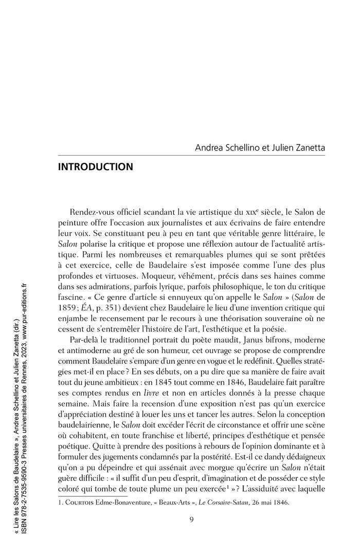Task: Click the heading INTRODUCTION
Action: [96, 167]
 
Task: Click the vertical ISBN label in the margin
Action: [31, 524]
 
